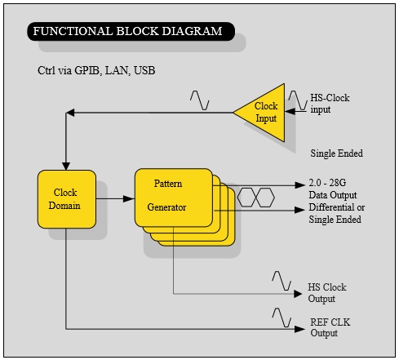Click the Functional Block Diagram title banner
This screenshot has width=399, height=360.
[x=131, y=31]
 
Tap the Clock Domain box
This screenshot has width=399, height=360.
[x=67, y=199]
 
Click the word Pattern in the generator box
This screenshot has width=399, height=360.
[x=168, y=184]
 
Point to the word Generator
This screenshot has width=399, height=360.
[x=166, y=207]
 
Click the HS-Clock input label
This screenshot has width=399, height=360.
[x=330, y=104]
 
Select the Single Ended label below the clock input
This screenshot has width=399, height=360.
[x=336, y=153]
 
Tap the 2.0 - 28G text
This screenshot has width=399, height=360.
[x=327, y=183]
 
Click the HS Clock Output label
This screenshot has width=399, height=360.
[x=327, y=293]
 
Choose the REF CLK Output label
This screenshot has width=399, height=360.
[x=330, y=327]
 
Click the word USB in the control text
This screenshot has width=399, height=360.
[x=144, y=70]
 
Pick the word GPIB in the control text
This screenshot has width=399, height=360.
[x=87, y=70]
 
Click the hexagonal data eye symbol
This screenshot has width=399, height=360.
[x=256, y=198]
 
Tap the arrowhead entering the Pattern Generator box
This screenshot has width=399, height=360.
[x=129, y=199]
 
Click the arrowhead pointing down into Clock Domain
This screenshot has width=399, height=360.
[x=66, y=167]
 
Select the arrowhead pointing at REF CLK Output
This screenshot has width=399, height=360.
[x=299, y=329]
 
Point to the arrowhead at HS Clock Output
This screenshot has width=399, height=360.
[x=298, y=294]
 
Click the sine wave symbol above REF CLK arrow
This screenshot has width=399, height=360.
[x=282, y=318]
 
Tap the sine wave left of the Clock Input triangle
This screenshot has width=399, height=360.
[x=200, y=100]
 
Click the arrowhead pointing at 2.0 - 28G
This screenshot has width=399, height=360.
[x=300, y=185]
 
